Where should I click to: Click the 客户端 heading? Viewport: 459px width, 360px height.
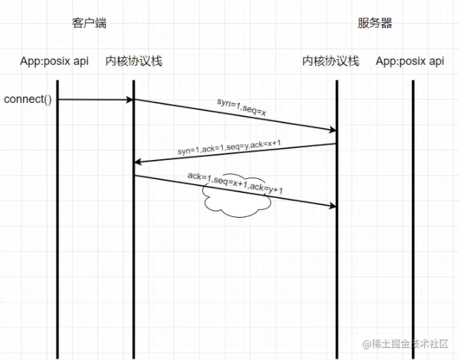coord(89,23)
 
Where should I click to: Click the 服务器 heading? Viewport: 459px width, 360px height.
coord(374,23)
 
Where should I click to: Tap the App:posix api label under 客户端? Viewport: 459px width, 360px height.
coord(55,61)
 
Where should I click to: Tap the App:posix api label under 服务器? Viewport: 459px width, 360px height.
coord(410,61)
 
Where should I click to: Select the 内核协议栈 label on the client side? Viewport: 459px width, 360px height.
coord(134,61)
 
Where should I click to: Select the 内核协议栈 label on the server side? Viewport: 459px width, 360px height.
coord(331,61)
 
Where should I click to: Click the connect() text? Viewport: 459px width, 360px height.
coord(28,99)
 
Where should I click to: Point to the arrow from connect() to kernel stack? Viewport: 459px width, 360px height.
coord(95,99)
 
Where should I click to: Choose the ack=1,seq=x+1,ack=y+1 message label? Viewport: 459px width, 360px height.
coord(235,182)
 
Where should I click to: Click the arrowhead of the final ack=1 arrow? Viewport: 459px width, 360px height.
coord(332,206)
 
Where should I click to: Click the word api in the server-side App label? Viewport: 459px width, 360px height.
coord(436,61)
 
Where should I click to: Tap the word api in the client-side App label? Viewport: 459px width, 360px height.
coord(80,61)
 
